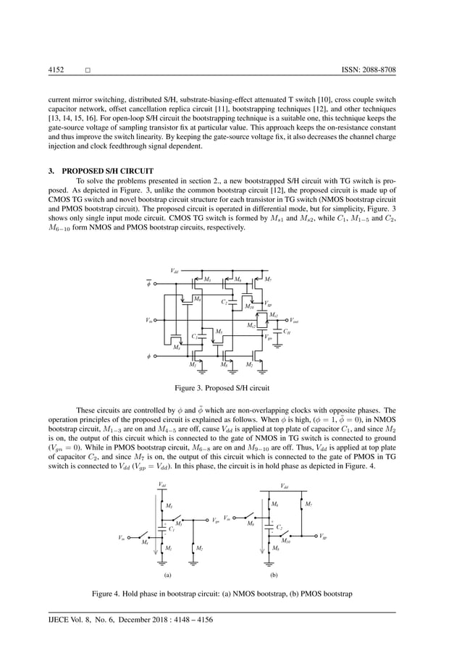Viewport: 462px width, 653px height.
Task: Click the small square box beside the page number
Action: (87, 70)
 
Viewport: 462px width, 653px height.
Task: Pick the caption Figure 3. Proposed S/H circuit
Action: (230, 387)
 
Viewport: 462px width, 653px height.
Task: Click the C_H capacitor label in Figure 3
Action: (287, 332)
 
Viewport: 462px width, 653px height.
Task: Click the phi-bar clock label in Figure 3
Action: (149, 285)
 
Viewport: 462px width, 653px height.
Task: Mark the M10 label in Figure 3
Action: (249, 306)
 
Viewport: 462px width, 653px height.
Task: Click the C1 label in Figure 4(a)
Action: (172, 529)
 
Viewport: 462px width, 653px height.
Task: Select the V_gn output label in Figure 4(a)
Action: (216, 520)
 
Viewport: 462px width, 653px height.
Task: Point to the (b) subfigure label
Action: (274, 575)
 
